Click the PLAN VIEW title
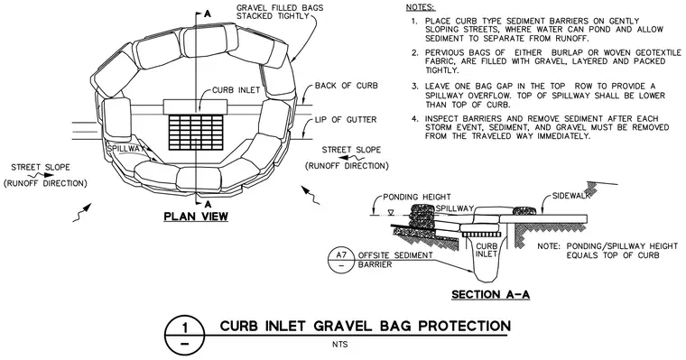click(196, 216)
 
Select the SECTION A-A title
click(490, 294)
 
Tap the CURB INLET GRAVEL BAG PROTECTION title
click(366, 327)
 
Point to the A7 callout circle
click(340, 259)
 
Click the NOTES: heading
click(421, 7)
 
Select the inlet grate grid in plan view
click(196, 134)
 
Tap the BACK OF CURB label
click(346, 86)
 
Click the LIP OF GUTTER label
click(346, 119)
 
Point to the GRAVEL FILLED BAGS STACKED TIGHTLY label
click(280, 13)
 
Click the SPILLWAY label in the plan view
click(125, 149)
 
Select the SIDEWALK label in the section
click(571, 196)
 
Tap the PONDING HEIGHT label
click(416, 197)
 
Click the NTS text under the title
click(339, 345)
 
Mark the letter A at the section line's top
click(208, 14)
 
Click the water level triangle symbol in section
click(392, 213)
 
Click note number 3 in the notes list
click(414, 87)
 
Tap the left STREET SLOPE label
click(41, 167)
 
